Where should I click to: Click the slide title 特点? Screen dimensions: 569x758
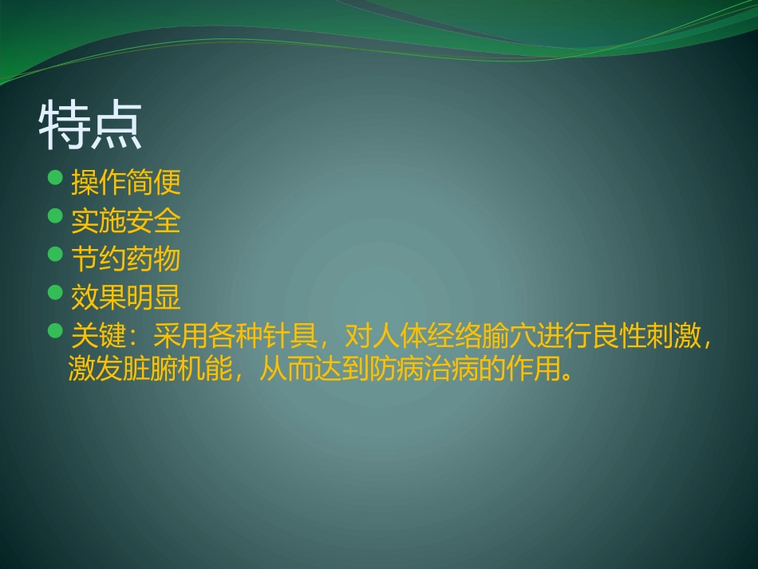tap(90, 126)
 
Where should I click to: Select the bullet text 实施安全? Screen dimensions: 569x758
tap(126, 221)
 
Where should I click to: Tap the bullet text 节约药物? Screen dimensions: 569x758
tap(126, 259)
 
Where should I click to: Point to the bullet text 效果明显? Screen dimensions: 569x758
tap(126, 298)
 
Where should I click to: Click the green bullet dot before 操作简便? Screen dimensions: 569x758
tap(55, 178)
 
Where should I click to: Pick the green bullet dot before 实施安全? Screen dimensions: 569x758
tap(55, 216)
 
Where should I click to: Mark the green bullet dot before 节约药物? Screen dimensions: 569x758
tap(55, 255)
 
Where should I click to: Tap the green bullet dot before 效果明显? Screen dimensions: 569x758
tap(55, 293)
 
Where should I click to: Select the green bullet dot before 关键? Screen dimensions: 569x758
tap(55, 330)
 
